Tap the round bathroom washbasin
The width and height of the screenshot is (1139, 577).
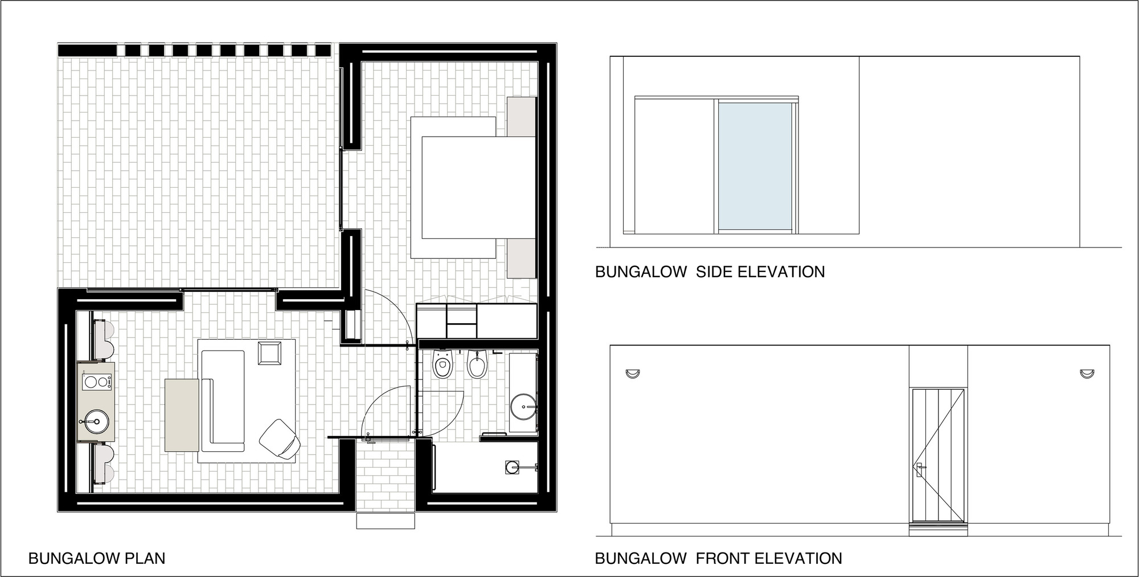(x=523, y=407)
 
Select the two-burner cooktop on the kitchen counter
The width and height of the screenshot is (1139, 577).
(x=96, y=382)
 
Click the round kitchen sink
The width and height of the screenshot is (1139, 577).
(x=96, y=422)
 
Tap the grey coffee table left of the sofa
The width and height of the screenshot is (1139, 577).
(x=182, y=415)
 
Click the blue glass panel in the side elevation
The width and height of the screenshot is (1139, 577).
(x=755, y=166)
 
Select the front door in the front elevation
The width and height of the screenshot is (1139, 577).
(x=938, y=455)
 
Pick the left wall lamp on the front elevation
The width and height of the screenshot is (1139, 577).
(x=632, y=373)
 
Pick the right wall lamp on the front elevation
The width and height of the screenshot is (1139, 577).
(x=1087, y=373)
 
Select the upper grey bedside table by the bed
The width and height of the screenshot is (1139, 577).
(x=522, y=117)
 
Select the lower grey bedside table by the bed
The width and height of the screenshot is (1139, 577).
(x=522, y=258)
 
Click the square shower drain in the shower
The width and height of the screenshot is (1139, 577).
(x=511, y=467)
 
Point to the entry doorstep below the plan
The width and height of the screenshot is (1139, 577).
(x=386, y=521)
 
